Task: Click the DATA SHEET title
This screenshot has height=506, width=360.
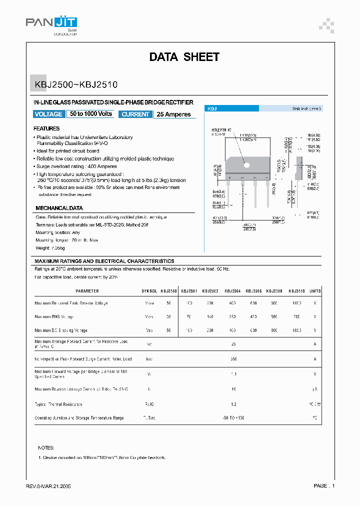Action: point(184,57)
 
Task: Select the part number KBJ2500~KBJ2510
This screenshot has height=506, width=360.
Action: point(76,85)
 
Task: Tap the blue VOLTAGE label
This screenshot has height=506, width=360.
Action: point(48,114)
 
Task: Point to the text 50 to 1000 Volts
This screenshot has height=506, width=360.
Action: point(91,114)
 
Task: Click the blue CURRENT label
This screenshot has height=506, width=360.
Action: point(135,114)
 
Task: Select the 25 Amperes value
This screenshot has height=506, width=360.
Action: point(173,114)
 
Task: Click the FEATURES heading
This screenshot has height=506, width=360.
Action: point(46,128)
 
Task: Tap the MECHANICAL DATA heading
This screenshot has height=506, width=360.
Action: point(59,208)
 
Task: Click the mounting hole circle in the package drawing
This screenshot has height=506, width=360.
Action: point(246,164)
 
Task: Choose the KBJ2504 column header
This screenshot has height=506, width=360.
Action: point(233,291)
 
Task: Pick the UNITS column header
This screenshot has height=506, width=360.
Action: point(315,291)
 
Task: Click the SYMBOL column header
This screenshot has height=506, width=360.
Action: point(149,291)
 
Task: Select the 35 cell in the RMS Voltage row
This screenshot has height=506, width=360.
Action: point(168,317)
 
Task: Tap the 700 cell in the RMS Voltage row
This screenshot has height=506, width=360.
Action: point(297,317)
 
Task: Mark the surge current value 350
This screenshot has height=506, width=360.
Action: point(233,359)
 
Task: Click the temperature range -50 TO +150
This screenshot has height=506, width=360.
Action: point(233,418)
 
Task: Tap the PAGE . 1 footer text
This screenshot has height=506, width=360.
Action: point(324,486)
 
